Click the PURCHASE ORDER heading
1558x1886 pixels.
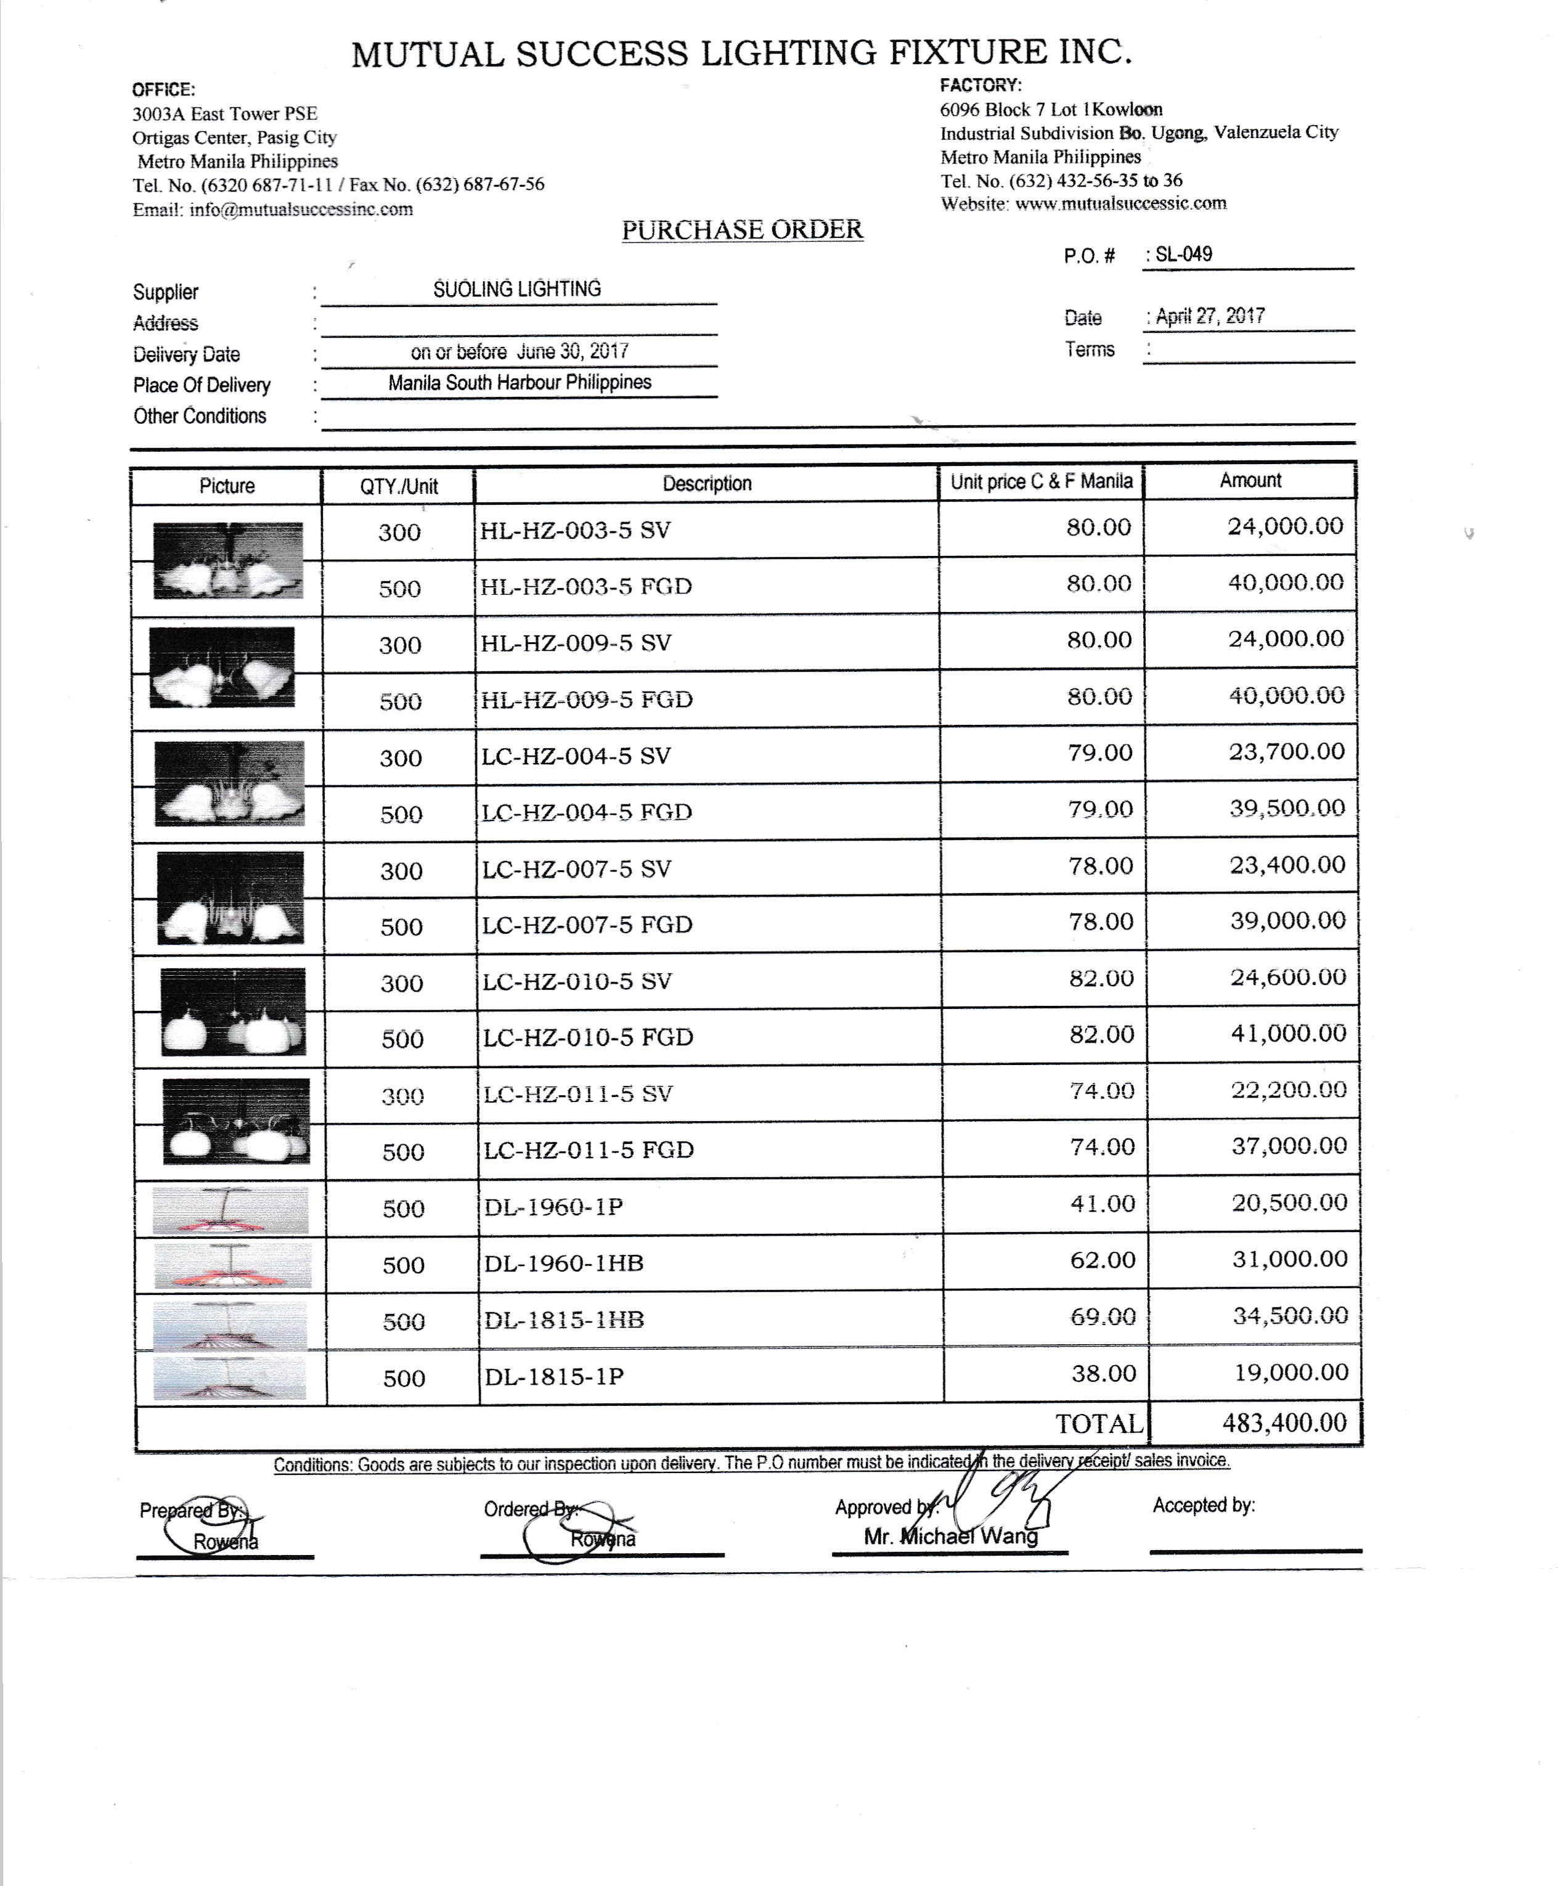click(x=742, y=230)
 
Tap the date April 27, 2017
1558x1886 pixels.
click(x=1210, y=316)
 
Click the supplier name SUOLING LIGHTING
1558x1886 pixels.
click(x=517, y=289)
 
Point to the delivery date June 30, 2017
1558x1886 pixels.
click(x=520, y=351)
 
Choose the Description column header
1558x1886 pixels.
click(x=706, y=484)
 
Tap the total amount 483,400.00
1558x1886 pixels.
click(x=1284, y=1422)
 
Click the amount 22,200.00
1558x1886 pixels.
click(x=1289, y=1090)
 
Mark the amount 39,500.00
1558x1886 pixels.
click(x=1287, y=808)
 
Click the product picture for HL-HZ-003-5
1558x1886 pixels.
click(x=228, y=560)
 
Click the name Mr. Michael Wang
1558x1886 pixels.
click(x=950, y=1536)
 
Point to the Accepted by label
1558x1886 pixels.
click(x=1204, y=1505)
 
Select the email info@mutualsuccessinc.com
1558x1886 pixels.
click(x=301, y=209)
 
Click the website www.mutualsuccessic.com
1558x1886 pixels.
click(x=1120, y=203)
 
